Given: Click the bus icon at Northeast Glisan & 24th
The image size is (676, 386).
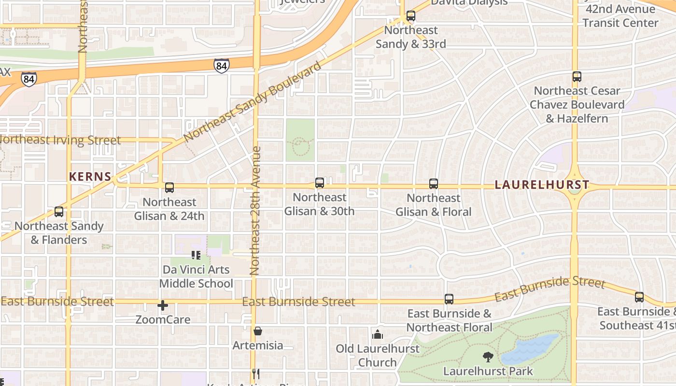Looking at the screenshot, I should tap(169, 188).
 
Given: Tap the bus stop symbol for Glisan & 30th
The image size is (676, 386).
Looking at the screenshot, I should tap(319, 183).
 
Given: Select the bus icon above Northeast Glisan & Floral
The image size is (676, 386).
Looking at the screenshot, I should tap(434, 184).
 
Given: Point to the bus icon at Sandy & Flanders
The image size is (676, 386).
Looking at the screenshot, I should tap(59, 212).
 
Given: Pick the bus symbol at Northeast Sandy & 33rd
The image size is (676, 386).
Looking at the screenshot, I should tap(410, 16).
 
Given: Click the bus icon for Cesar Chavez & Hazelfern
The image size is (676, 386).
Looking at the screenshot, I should tap(577, 77).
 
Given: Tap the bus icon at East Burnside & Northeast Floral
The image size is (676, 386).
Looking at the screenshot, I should tap(449, 299).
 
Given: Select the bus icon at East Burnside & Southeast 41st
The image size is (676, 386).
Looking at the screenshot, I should tap(639, 297).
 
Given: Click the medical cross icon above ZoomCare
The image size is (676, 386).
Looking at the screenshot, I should tap(163, 305).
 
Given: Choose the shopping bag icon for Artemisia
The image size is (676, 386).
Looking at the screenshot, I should tap(257, 331).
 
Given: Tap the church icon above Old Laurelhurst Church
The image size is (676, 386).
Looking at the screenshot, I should tap(378, 334).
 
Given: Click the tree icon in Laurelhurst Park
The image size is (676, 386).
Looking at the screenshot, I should tap(488, 357).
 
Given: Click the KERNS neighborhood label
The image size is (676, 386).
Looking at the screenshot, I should tap(90, 177).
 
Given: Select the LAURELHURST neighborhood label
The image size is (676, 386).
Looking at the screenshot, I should tap(542, 185).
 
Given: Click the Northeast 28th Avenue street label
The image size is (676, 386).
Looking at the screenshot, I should tap(256, 211).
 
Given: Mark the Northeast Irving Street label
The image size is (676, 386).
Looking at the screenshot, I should tap(60, 140).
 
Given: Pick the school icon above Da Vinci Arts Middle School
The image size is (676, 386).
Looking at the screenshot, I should tap(196, 255).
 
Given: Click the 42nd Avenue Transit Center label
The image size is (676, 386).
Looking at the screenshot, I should tap(620, 15).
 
